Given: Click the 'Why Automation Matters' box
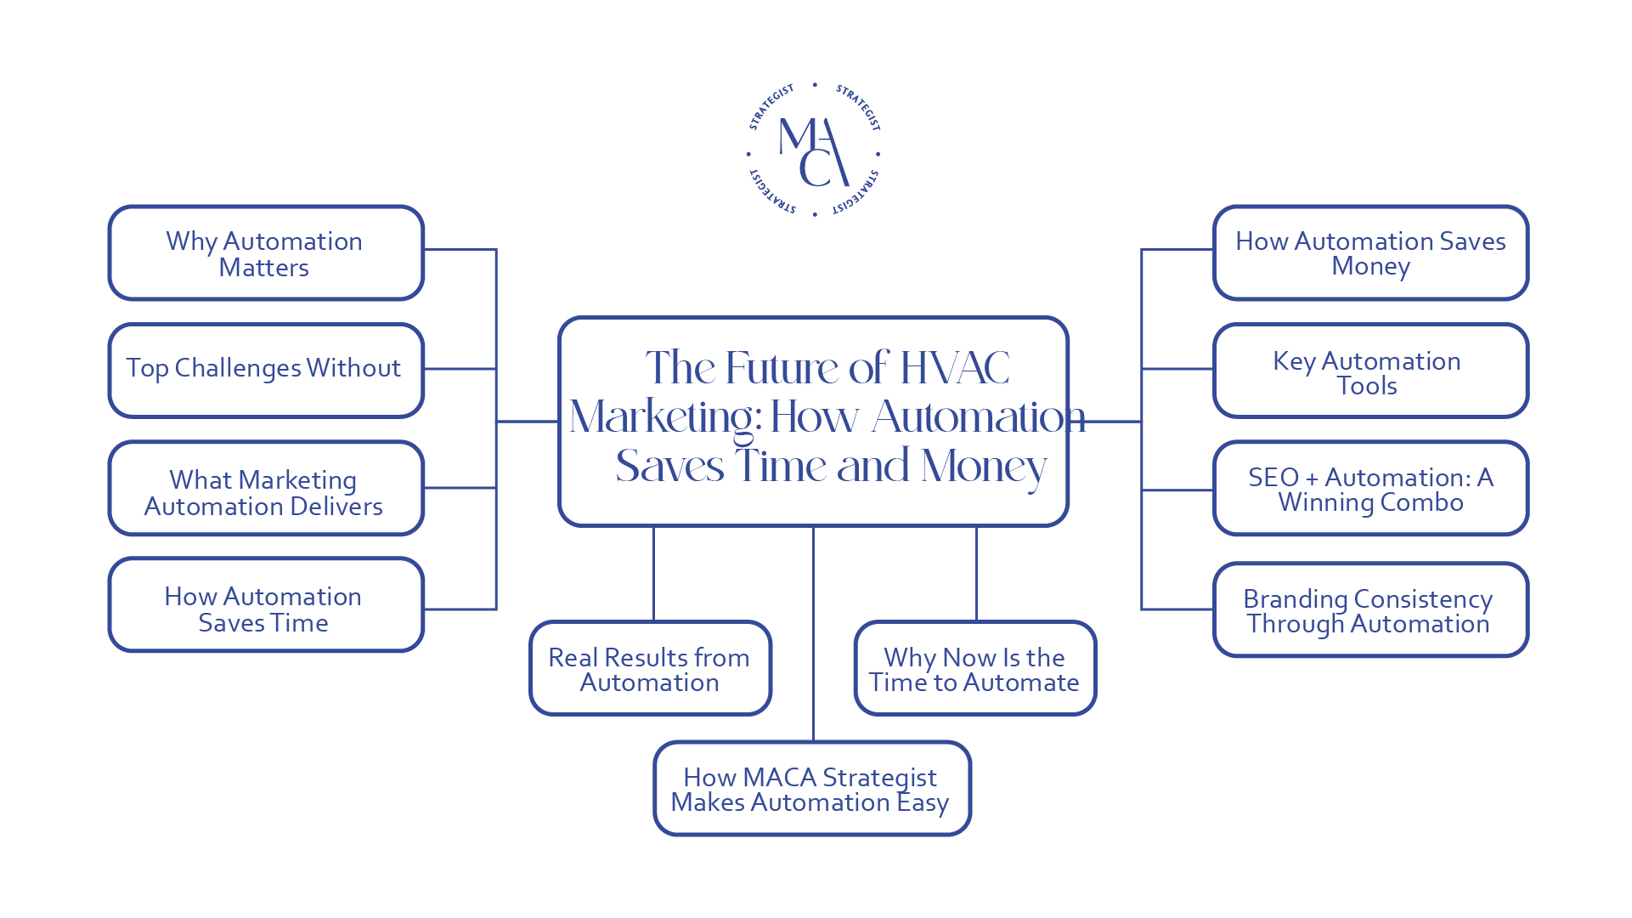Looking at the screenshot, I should (266, 253).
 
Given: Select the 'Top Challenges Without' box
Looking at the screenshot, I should (266, 370).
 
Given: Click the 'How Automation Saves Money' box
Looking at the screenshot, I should (1370, 253).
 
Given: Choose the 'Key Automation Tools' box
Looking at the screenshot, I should (1370, 371).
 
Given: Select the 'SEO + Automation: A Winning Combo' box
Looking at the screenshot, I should (1370, 489).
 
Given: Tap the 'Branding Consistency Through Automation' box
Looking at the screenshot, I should (1370, 609).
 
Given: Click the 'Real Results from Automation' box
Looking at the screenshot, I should (650, 669).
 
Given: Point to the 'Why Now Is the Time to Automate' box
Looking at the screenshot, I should (975, 669).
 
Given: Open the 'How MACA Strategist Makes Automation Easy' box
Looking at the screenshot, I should (812, 789).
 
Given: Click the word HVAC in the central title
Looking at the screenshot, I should (954, 368).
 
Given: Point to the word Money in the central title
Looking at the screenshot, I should (984, 467).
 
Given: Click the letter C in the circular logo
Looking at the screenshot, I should (816, 167).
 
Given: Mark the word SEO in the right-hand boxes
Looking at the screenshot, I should (1273, 478).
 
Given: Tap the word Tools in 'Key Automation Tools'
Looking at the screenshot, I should (1367, 386).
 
